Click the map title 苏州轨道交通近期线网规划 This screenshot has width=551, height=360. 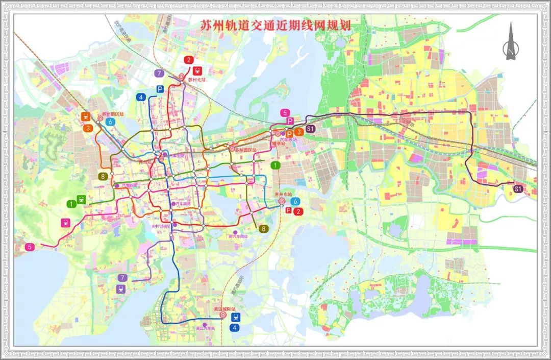(270, 26)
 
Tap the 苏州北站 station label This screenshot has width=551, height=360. (196, 80)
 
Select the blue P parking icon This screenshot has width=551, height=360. (160, 89)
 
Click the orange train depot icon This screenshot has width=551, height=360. (85, 116)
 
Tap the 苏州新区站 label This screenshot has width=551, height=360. (113, 114)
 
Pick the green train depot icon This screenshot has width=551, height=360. (81, 199)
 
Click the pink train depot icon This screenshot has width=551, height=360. (66, 223)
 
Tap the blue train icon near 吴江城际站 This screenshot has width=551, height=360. (235, 317)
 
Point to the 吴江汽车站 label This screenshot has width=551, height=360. (206, 329)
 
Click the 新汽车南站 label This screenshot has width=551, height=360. (238, 236)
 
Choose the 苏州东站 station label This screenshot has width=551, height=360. (283, 195)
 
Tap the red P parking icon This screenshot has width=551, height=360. (288, 210)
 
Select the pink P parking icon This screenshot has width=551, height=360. (290, 121)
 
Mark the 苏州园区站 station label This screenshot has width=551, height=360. (244, 150)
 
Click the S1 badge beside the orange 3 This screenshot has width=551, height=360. (311, 129)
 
